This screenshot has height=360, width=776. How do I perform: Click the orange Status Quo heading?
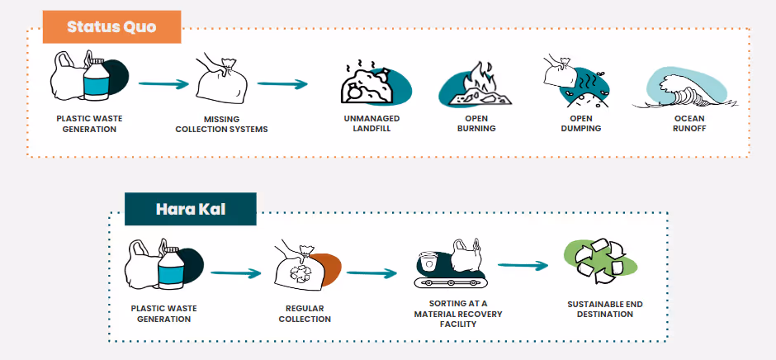[111, 26]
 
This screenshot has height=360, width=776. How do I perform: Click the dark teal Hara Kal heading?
[190, 209]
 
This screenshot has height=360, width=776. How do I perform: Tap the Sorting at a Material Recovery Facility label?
[458, 315]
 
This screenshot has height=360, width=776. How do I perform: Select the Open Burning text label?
[476, 124]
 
